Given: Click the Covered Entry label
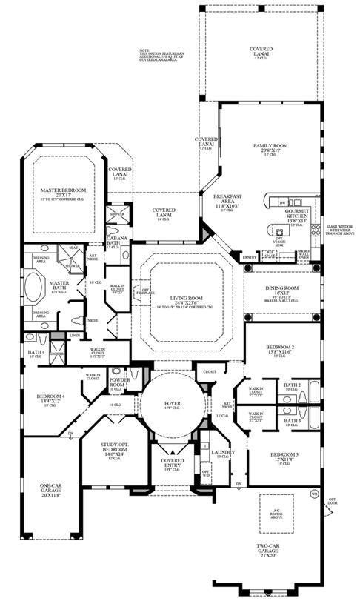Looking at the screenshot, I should pos(172,462).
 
